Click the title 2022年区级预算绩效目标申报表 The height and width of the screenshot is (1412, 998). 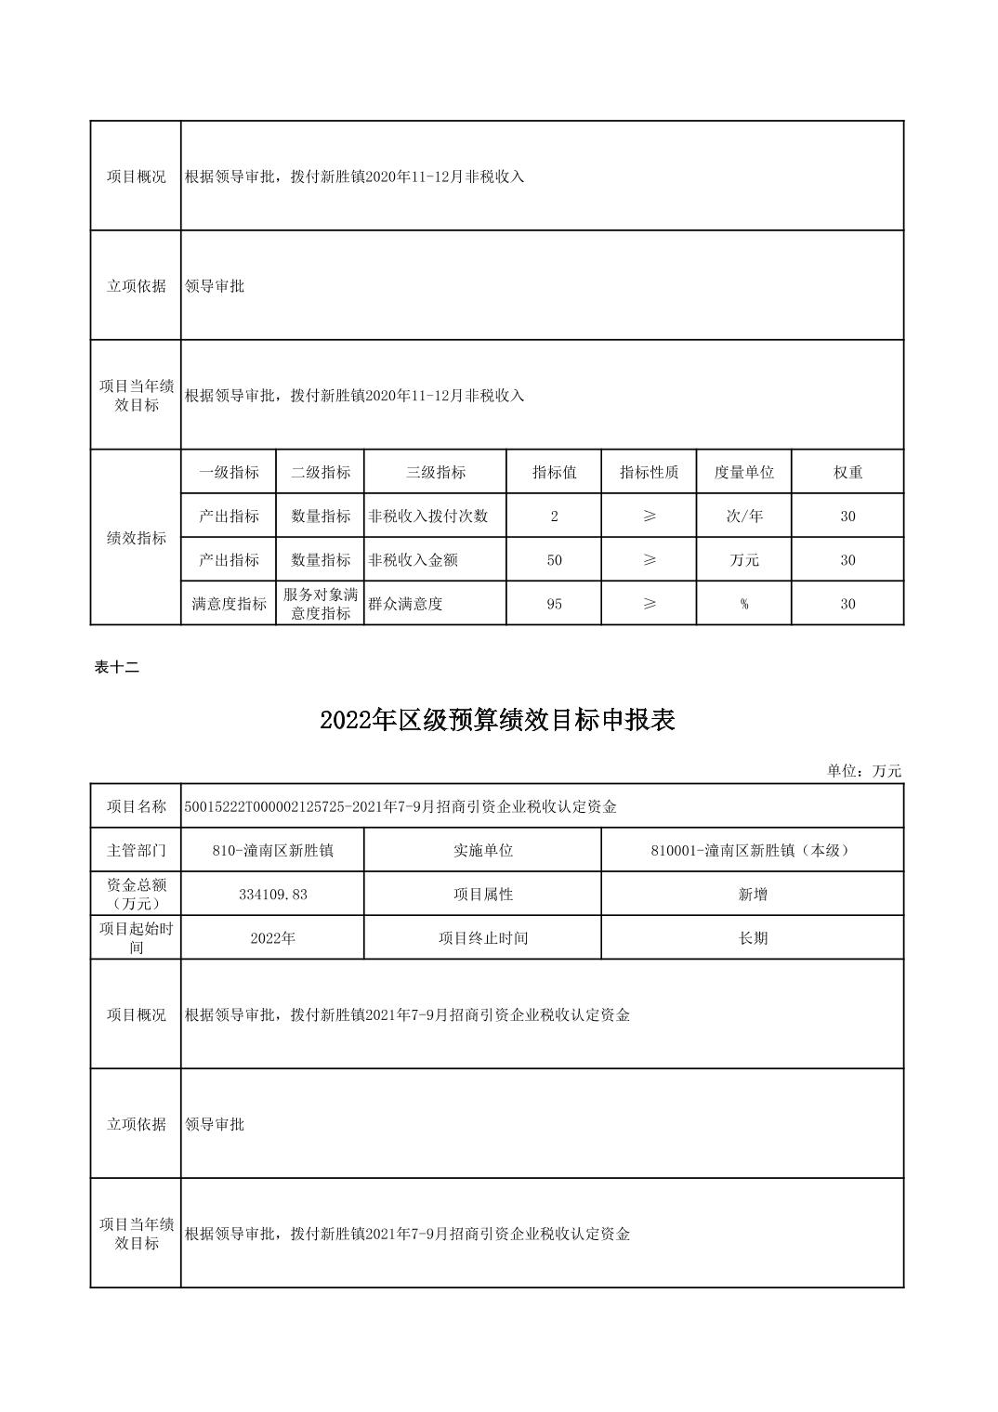tap(497, 721)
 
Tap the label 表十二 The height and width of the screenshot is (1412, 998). tap(117, 666)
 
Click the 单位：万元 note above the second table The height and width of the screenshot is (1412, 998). tap(864, 771)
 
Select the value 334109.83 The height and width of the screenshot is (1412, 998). tap(272, 895)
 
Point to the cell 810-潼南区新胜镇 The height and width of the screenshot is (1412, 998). tap(272, 850)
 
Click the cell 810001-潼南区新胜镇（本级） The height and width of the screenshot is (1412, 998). tap(752, 850)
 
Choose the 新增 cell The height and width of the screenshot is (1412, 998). tap(752, 895)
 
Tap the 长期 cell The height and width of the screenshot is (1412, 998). tap(752, 938)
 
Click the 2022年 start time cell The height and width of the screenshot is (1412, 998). tap(272, 938)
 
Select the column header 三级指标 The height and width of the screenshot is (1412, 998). tap(435, 472)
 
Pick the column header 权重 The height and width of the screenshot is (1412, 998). tap(847, 472)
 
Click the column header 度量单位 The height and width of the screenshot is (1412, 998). tap(743, 472)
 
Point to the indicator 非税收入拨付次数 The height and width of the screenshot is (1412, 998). tap(428, 516)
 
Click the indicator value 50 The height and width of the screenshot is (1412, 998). tap(554, 560)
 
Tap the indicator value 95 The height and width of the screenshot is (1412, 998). tap(554, 604)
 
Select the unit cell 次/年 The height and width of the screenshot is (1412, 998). tap(743, 516)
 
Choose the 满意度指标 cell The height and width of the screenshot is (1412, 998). tap(229, 604)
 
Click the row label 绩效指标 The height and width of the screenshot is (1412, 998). tap(137, 538)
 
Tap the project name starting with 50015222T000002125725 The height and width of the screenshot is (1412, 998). tap(401, 806)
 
